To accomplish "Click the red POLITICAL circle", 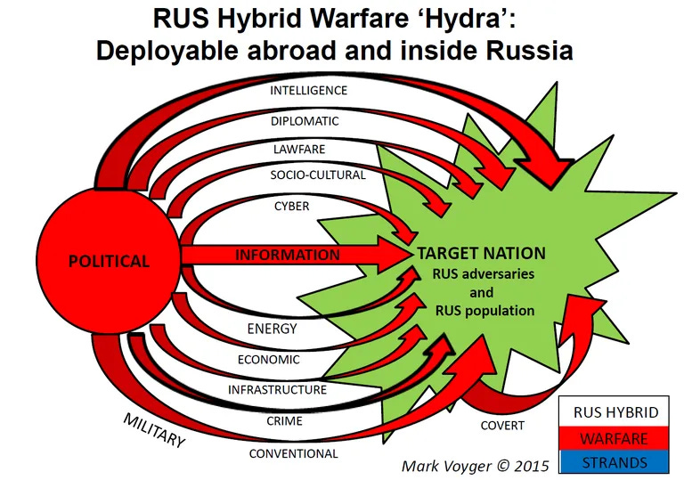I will click(x=109, y=261).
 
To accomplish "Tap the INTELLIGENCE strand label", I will click(x=308, y=91).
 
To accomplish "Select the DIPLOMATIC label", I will click(x=305, y=120).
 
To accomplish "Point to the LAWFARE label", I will click(x=298, y=148).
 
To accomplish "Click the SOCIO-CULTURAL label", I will click(x=318, y=175).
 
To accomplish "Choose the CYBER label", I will click(x=291, y=206).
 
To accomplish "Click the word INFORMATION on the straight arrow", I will click(x=287, y=255).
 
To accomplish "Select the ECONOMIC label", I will click(x=268, y=360).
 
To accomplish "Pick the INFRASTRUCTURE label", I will click(x=277, y=389).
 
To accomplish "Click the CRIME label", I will click(x=284, y=420).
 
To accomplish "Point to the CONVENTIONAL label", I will click(x=293, y=453).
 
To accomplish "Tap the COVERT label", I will click(x=502, y=426).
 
